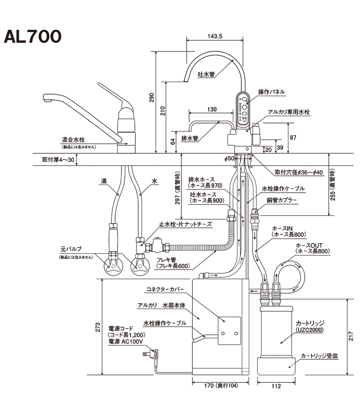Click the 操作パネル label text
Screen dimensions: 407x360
[x=272, y=91]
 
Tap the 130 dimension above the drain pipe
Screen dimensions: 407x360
[x=212, y=109]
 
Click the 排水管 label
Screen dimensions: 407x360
[x=190, y=138]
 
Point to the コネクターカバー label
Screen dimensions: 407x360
[x=164, y=289]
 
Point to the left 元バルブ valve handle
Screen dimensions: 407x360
[x=113, y=266]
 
